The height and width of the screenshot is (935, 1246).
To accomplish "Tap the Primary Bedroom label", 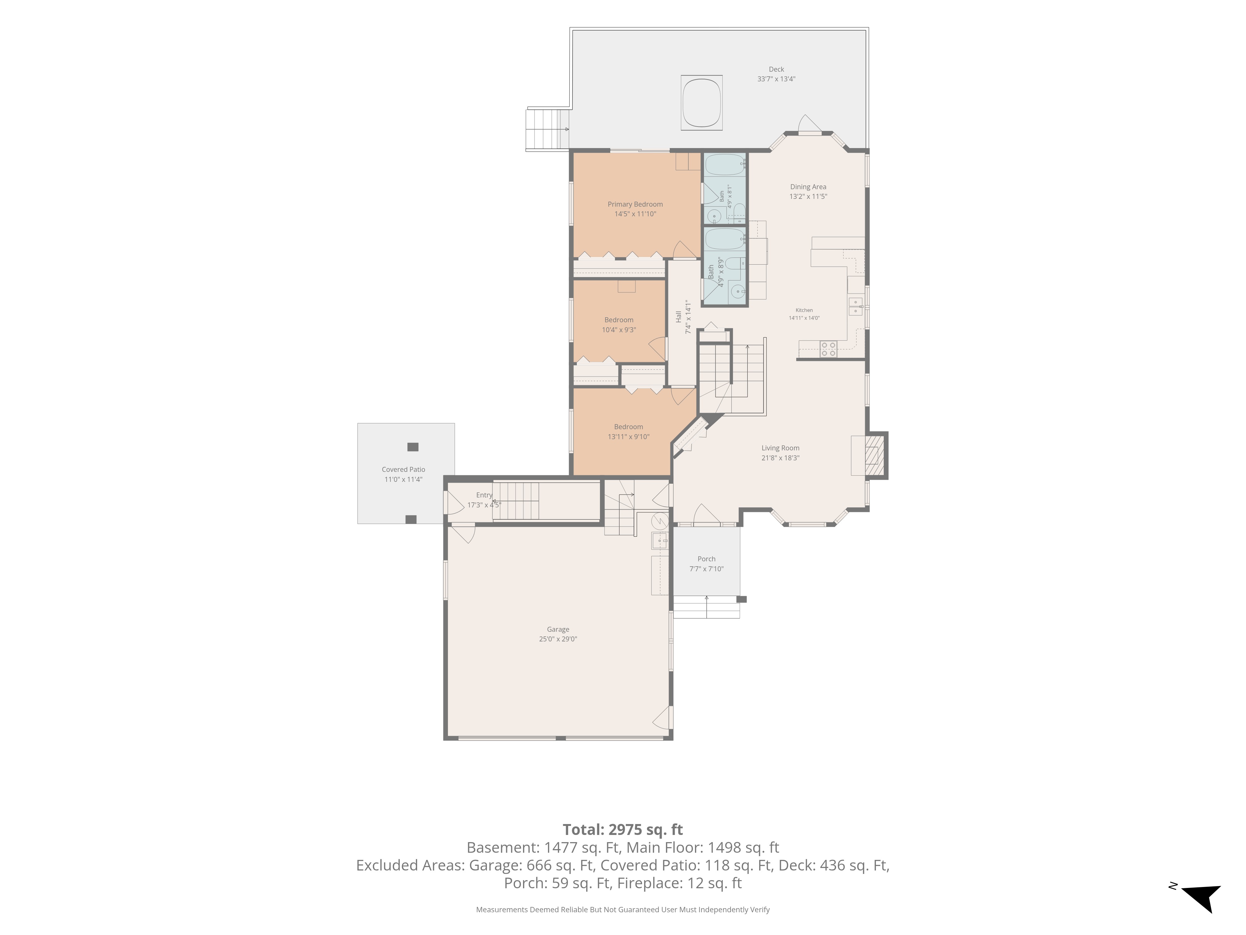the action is [x=635, y=204].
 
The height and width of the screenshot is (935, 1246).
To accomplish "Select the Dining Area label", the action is [x=808, y=187].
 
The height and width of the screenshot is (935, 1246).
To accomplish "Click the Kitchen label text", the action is [x=804, y=310].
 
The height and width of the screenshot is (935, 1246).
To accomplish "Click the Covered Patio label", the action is [x=403, y=469].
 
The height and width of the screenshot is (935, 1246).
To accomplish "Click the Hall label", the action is [x=679, y=317].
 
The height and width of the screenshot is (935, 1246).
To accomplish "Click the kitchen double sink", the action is [x=855, y=307].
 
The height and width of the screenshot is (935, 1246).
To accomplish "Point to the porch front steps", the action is [x=706, y=607].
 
